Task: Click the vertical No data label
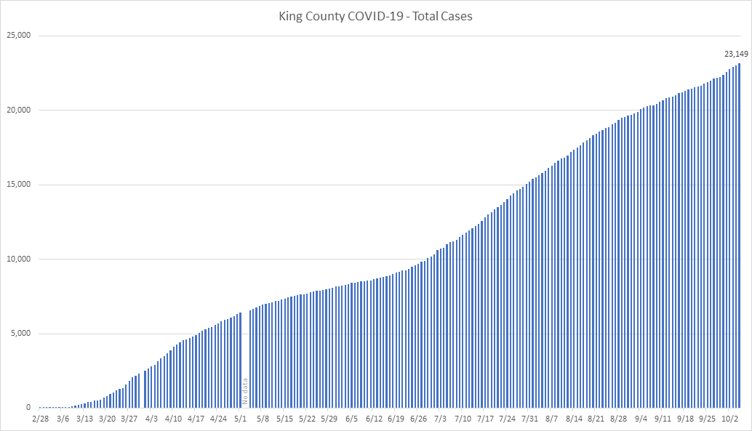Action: [x=245, y=391]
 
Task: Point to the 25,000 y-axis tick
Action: [x=18, y=36]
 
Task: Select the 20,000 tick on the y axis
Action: [x=18, y=110]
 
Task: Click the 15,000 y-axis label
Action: [x=18, y=185]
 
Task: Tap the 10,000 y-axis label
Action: [x=18, y=259]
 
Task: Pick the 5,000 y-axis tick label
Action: [x=20, y=334]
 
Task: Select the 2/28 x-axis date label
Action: [x=41, y=419]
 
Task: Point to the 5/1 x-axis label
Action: [x=241, y=419]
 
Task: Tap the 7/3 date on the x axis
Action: [x=441, y=419]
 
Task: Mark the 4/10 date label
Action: [x=174, y=419]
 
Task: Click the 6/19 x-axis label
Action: [x=396, y=419]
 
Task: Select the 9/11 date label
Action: [x=663, y=419]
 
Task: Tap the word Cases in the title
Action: [x=457, y=15]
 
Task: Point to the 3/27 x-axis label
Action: [x=129, y=419]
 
